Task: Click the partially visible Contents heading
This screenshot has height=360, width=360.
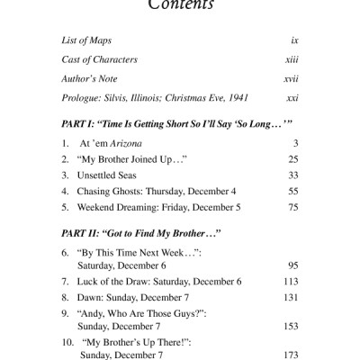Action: tap(180, 4)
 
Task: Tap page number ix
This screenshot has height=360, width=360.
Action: tap(293, 41)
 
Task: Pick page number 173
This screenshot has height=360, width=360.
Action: tap(289, 355)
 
